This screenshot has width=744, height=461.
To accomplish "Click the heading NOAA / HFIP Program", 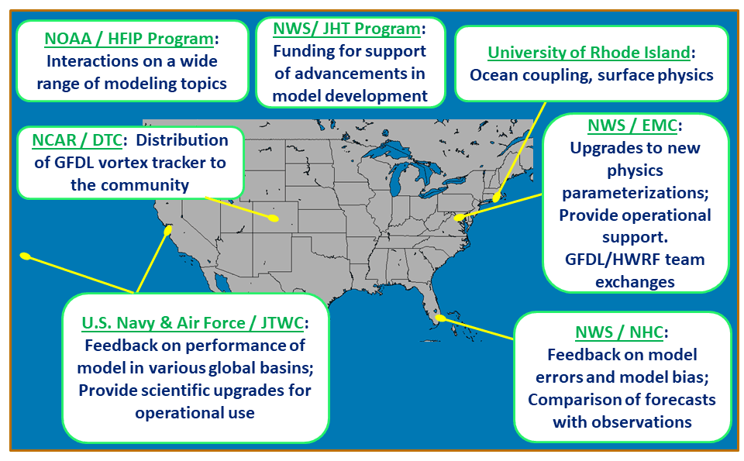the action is click(x=129, y=39).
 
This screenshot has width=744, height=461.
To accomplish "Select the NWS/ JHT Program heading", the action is click(x=347, y=29).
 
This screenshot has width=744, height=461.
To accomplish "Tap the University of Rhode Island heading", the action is click(x=589, y=52).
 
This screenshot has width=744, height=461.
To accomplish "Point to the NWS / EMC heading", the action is click(x=632, y=126).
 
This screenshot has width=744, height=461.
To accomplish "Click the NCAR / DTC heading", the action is click(x=77, y=140).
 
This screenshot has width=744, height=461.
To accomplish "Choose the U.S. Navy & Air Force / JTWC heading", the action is click(x=193, y=323).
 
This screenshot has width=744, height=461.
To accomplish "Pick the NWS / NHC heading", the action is click(x=619, y=332).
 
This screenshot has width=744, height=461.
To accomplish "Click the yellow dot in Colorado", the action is click(x=274, y=218).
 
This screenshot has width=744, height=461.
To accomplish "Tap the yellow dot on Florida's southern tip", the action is click(x=441, y=318).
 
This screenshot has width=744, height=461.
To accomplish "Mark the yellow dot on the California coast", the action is click(x=167, y=231).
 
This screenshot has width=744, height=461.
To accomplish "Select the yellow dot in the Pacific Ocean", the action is click(x=26, y=256).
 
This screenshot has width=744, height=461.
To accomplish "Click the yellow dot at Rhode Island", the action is click(x=497, y=198).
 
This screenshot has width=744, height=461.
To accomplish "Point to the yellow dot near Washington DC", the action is click(x=460, y=218).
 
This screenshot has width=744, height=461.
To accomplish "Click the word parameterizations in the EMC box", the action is click(x=635, y=193).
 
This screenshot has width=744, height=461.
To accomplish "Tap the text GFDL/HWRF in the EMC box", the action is click(x=612, y=260).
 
